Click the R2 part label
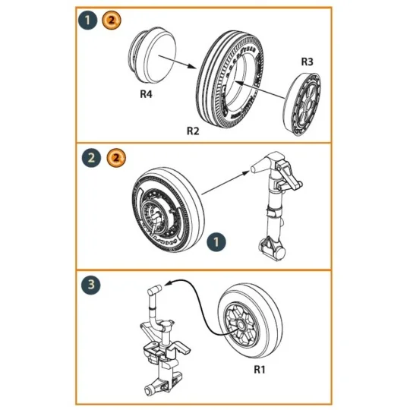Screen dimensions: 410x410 [x=193, y=131]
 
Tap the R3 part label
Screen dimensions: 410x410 [x=307, y=61]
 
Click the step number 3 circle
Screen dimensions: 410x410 [x=90, y=286]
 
